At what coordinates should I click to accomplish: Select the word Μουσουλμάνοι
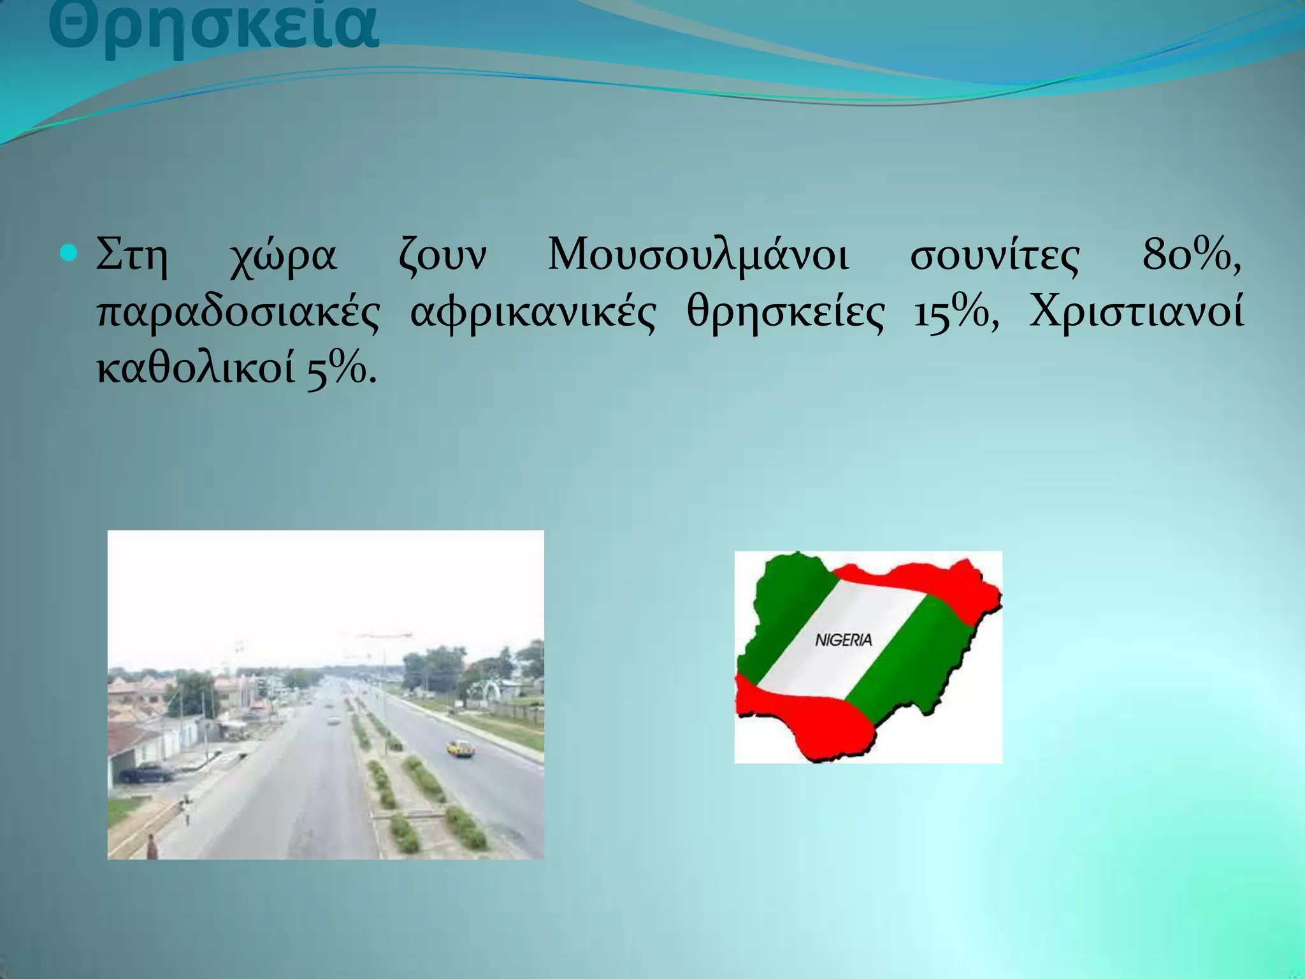pyautogui.click(x=698, y=257)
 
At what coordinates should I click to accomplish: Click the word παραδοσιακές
pyautogui.click(x=238, y=314)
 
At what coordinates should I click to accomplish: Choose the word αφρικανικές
pyautogui.click(x=533, y=314)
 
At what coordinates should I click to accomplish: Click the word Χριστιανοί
pyautogui.click(x=1136, y=313)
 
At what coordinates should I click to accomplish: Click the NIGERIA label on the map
pyautogui.click(x=843, y=640)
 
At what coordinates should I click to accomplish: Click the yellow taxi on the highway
pyautogui.click(x=460, y=748)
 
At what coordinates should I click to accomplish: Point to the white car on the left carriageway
pyautogui.click(x=334, y=720)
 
